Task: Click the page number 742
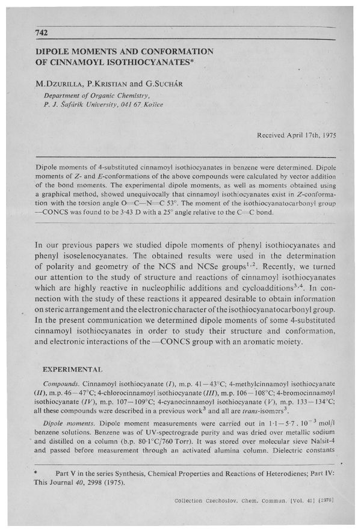41,32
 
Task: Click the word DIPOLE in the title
55,52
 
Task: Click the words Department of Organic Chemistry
96,95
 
